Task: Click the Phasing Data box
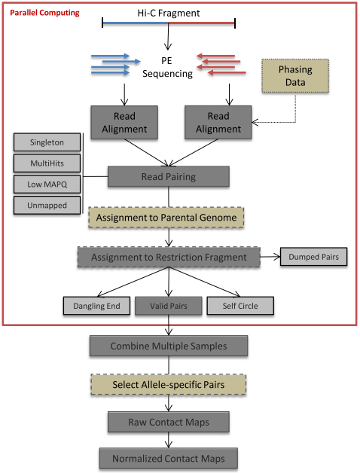click(295, 76)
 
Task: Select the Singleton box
click(47, 142)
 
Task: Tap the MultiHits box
click(47, 163)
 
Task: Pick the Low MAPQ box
click(47, 184)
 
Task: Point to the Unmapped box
click(47, 205)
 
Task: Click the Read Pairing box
click(169, 176)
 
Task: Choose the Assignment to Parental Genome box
click(166, 218)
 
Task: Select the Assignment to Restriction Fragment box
click(169, 257)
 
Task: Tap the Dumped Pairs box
click(313, 257)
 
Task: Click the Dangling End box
click(96, 306)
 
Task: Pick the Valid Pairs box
click(169, 306)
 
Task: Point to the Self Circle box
click(240, 306)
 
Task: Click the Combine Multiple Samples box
click(169, 346)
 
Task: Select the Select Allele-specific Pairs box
click(169, 385)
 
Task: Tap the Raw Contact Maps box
click(169, 423)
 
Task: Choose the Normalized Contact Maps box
click(169, 459)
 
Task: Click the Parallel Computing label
click(44, 13)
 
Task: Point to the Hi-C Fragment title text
click(169, 13)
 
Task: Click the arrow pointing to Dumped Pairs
click(270, 257)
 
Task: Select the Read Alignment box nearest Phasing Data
click(218, 123)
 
